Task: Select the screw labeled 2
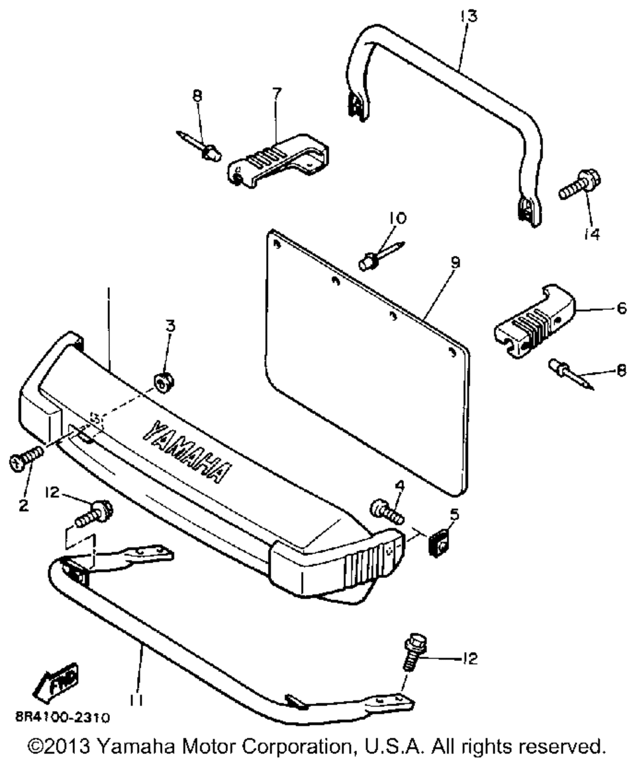25,458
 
